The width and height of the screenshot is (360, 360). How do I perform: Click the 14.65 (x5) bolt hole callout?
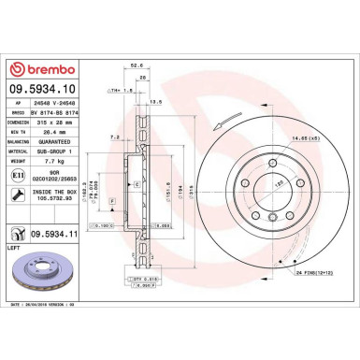[306, 138]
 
